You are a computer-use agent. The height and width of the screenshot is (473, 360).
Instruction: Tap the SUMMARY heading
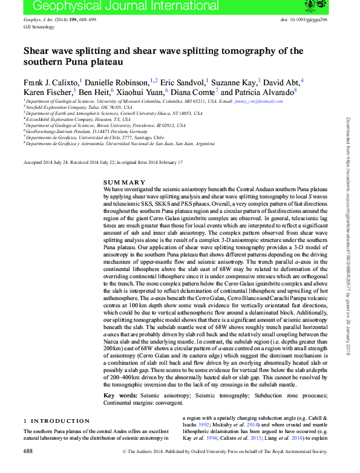(x=124, y=182)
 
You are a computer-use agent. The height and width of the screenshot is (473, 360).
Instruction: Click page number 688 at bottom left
(x=28, y=451)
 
